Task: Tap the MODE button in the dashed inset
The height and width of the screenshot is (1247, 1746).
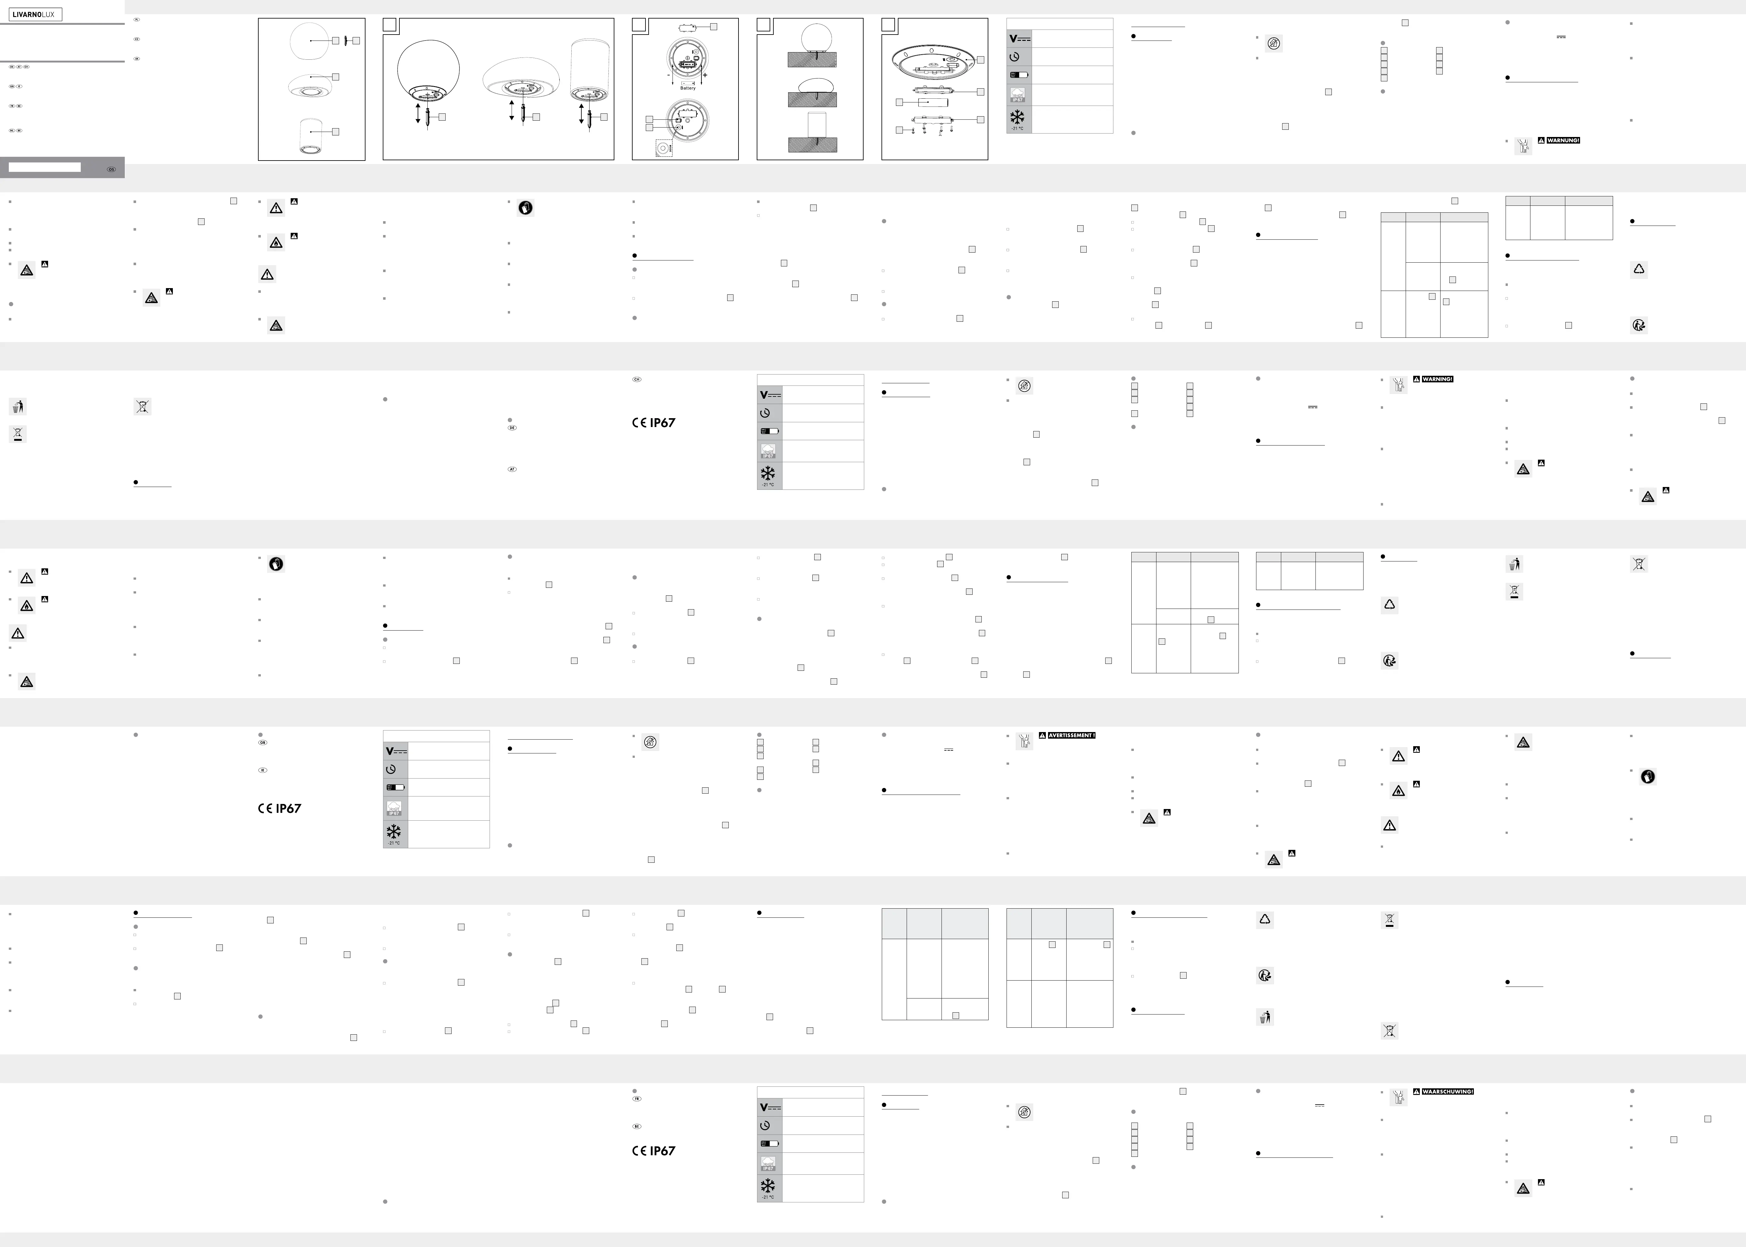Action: [662, 147]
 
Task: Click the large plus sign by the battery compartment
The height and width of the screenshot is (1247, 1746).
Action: [704, 75]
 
